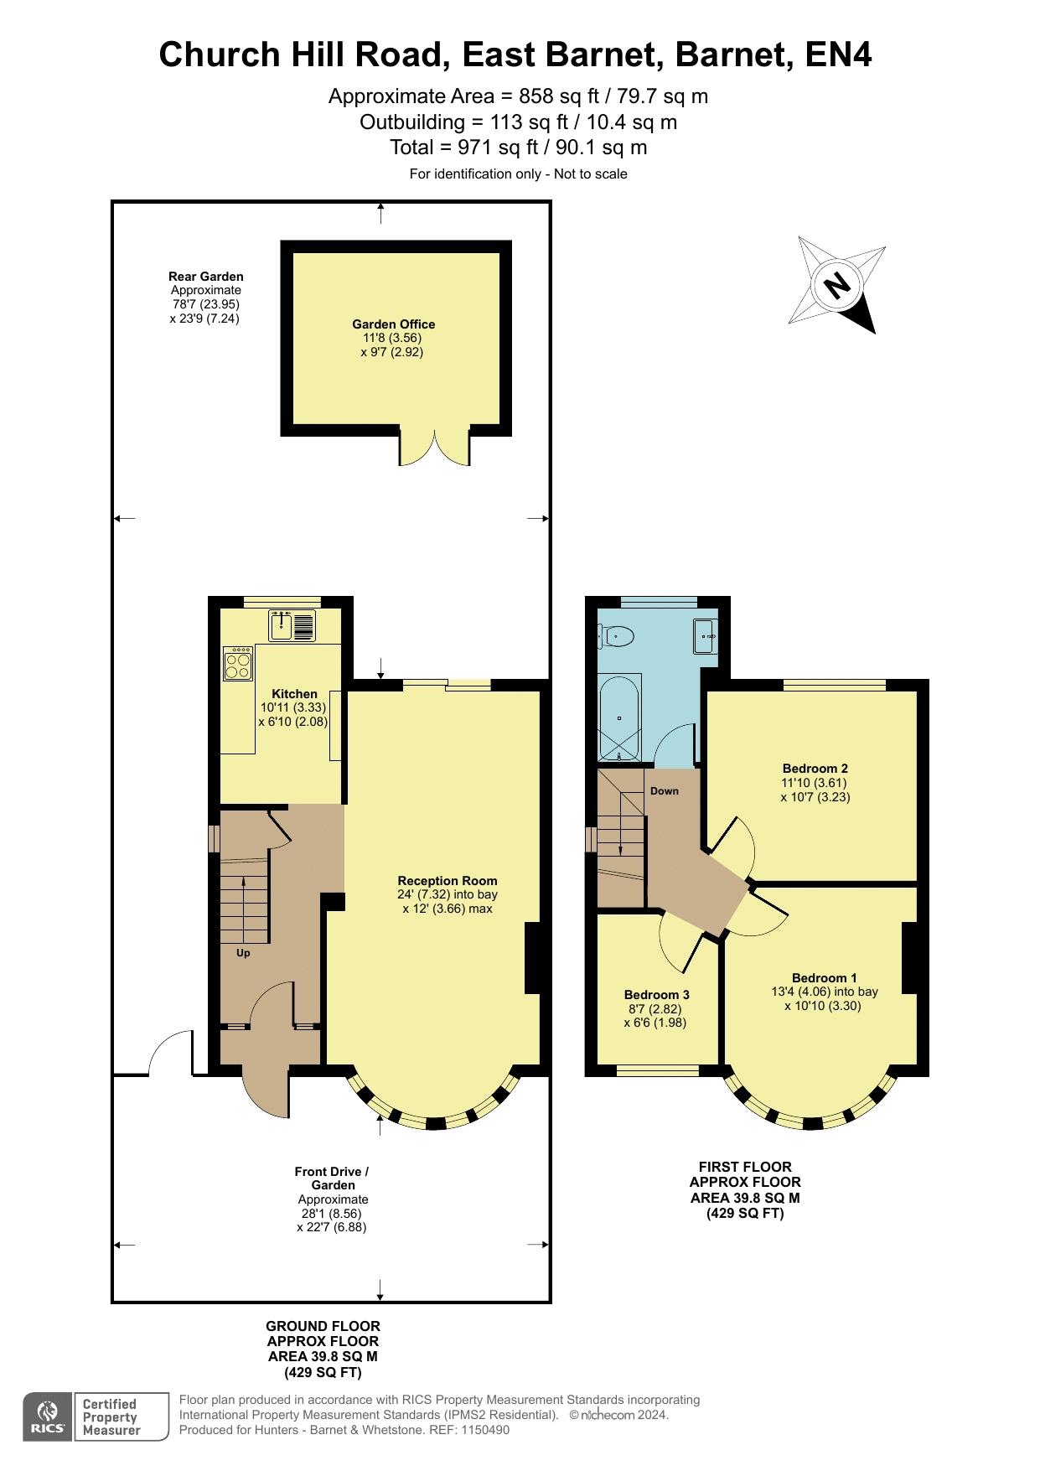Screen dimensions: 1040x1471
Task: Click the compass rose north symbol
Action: (x=836, y=285)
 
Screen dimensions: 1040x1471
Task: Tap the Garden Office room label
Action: (x=393, y=324)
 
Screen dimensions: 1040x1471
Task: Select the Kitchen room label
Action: (x=294, y=694)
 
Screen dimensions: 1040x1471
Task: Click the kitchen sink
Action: (x=292, y=625)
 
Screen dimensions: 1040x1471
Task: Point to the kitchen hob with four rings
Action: (x=238, y=663)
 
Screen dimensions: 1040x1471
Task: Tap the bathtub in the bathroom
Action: (x=619, y=717)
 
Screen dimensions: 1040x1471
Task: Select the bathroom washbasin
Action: (x=705, y=636)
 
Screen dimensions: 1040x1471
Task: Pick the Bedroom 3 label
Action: (x=655, y=995)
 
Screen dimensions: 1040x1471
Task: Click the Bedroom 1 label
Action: (x=824, y=978)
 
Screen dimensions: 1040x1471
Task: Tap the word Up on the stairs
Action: (x=243, y=953)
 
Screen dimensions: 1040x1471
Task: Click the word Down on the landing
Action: (x=665, y=791)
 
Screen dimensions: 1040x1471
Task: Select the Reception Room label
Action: (x=448, y=881)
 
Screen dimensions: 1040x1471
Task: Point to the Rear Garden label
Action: (x=205, y=277)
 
